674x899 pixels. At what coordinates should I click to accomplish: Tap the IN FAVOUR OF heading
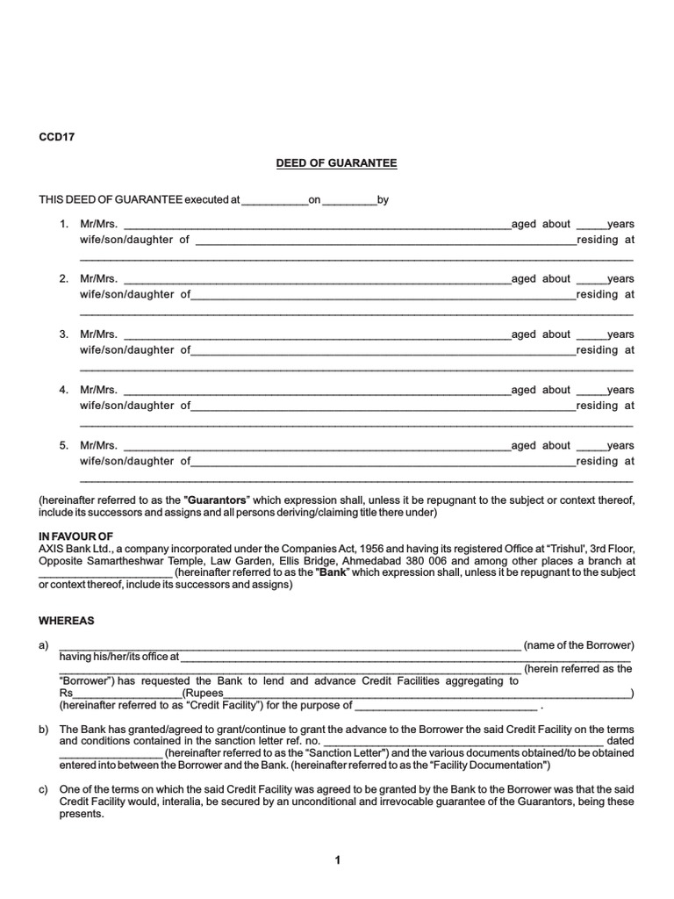76,536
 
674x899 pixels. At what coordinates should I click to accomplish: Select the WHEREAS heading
67,620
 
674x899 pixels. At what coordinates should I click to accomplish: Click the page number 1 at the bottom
337,861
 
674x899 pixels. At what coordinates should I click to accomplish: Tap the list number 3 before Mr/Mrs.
63,334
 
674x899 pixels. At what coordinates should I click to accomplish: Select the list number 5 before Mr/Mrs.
63,445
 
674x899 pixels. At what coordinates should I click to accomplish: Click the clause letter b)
43,730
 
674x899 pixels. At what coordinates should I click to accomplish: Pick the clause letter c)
43,789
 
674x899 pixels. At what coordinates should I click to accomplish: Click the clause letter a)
43,645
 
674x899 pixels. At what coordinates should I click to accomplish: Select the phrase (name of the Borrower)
579,645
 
